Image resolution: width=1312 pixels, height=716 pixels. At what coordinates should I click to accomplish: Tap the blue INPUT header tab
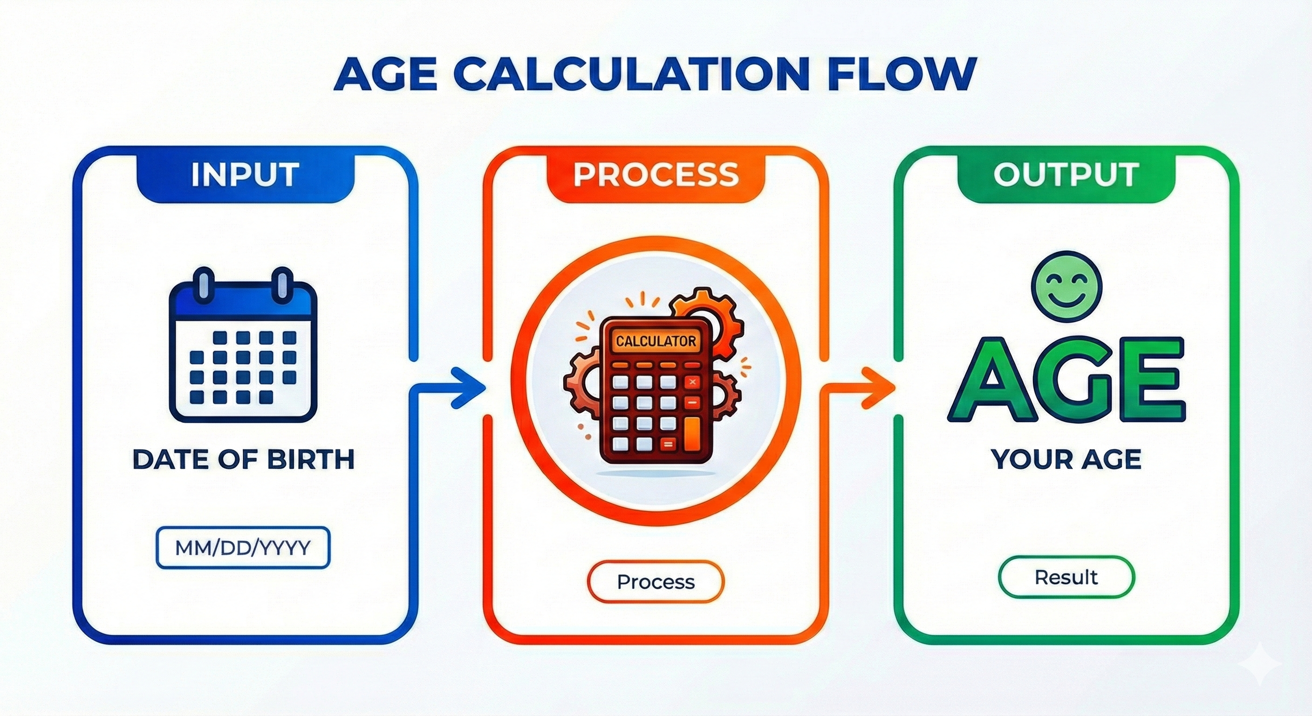tap(245, 175)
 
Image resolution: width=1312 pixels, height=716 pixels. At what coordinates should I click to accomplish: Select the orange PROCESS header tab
tap(656, 175)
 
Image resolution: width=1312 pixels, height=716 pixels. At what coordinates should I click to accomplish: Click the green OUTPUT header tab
tap(1066, 175)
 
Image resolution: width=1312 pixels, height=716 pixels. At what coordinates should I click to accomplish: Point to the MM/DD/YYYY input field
tap(243, 548)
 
